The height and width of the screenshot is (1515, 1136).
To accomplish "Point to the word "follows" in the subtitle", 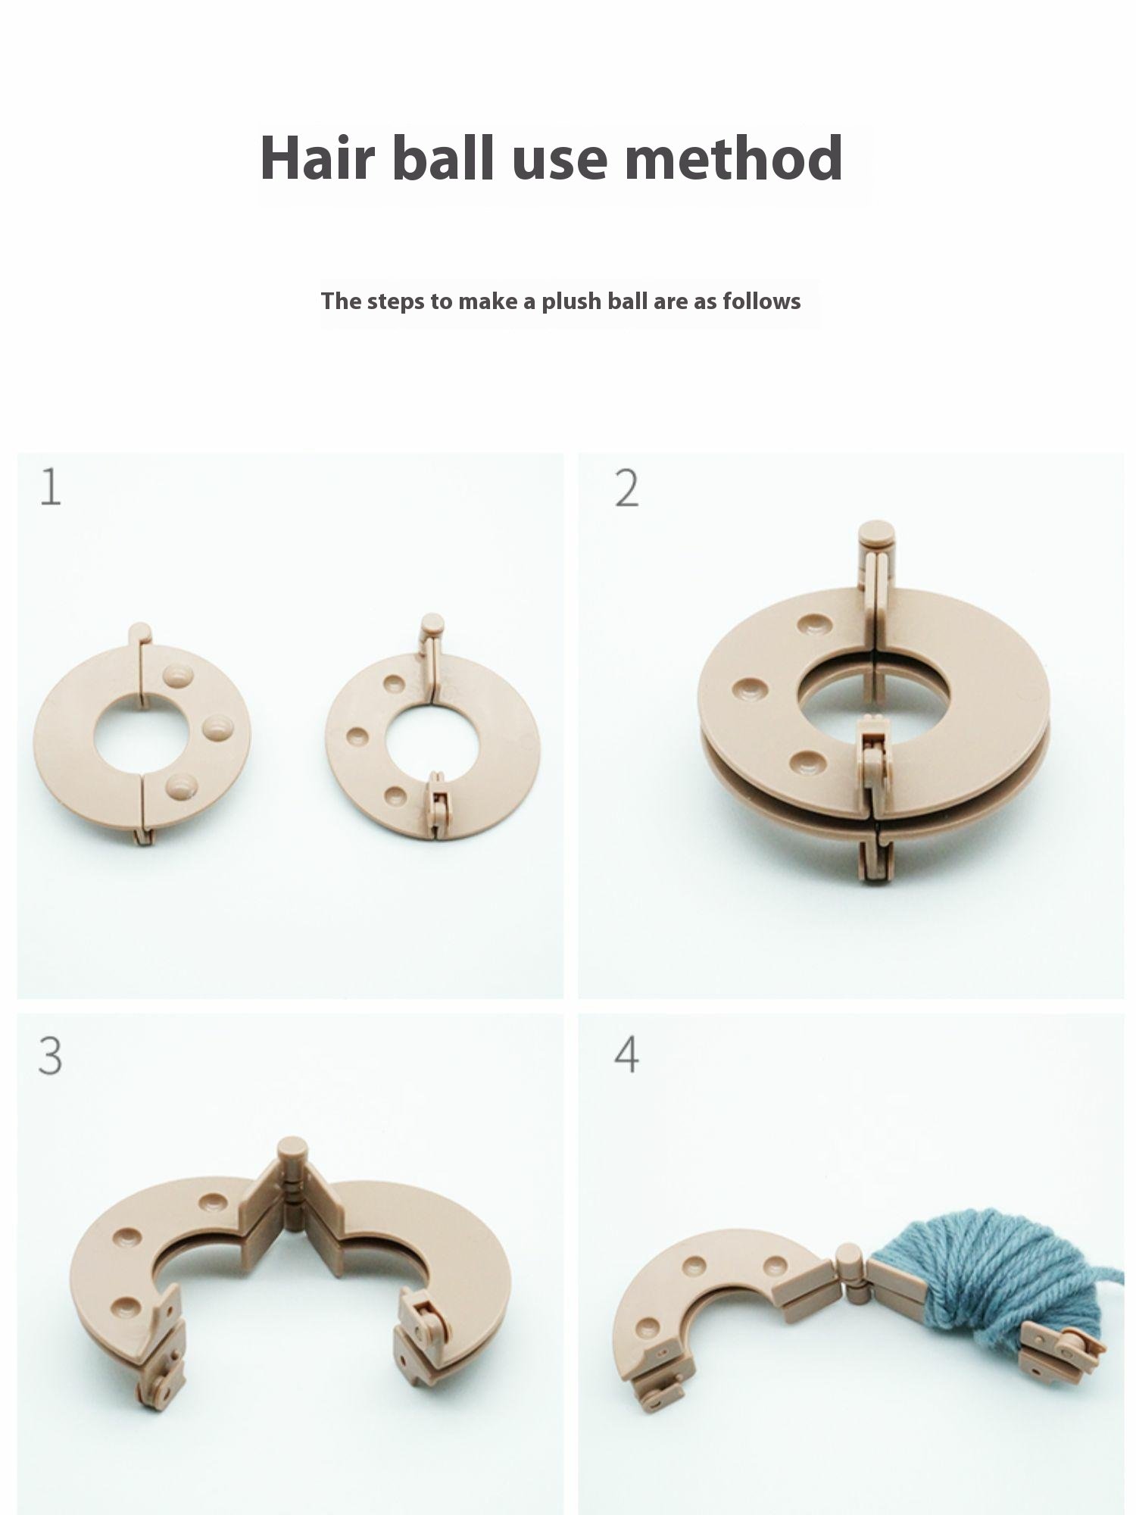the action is click(x=761, y=301).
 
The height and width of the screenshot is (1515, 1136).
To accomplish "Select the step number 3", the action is click(x=50, y=1056).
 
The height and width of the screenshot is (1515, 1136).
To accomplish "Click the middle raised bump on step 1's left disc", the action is click(x=217, y=726).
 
